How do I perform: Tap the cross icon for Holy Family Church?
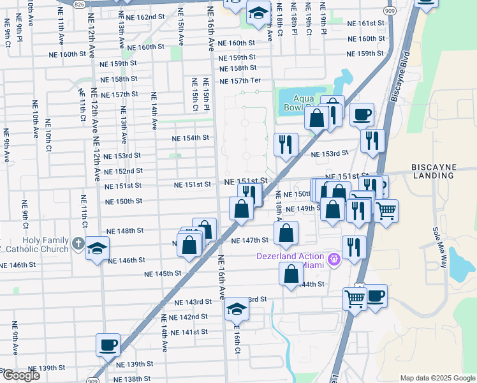tap(77, 243)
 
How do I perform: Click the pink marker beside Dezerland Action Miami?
tap(334, 260)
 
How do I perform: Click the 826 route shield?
tap(78, 4)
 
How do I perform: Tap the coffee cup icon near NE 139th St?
tap(108, 345)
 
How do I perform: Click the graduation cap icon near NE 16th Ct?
tap(236, 309)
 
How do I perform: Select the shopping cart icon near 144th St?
tap(354, 297)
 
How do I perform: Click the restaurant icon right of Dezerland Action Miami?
tap(353, 247)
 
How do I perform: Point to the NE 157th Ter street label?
tap(240, 81)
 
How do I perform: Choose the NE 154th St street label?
tap(191, 138)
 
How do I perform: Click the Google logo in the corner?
tap(21, 375)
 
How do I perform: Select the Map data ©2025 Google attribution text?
tap(437, 378)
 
